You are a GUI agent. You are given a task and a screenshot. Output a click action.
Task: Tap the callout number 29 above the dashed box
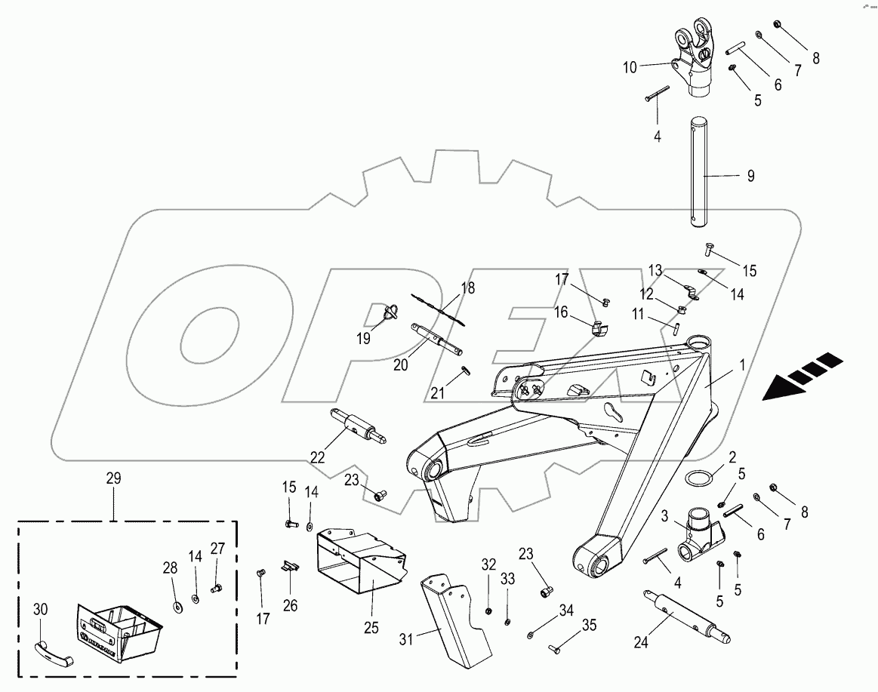coord(113,478)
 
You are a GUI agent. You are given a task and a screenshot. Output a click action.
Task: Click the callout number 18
coord(468,288)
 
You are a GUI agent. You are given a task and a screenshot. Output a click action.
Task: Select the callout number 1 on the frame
coord(742,364)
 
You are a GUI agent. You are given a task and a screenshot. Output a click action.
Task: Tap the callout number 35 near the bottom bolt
coord(589,625)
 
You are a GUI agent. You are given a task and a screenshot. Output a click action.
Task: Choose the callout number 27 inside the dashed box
coord(217,549)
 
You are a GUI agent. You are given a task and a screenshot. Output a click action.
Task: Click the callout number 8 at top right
coord(815,57)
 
